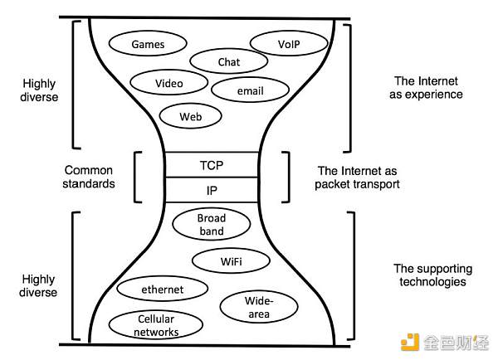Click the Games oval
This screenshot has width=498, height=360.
[x=149, y=44]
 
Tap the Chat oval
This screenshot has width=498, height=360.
[x=228, y=62]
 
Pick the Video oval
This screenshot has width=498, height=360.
[x=168, y=84]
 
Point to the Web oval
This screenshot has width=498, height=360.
[x=190, y=117]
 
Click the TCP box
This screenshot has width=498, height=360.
[x=213, y=165]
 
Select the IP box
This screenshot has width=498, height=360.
[x=212, y=190]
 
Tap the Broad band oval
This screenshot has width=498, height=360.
[x=212, y=225]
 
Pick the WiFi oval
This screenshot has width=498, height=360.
[x=232, y=261]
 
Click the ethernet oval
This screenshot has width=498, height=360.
[x=162, y=289]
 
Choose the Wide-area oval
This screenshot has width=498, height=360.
[x=258, y=306]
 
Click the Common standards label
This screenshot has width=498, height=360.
[x=89, y=177]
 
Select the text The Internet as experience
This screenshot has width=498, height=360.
[x=428, y=87]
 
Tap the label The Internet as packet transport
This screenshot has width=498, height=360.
[x=358, y=178]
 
